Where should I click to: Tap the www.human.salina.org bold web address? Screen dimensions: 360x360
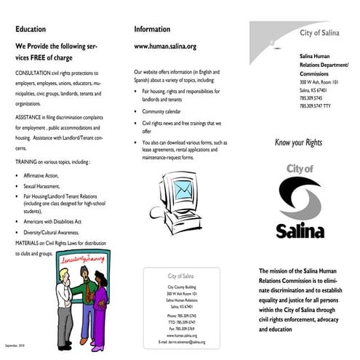[x=165, y=46]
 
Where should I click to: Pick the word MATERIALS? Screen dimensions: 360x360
[x=28, y=242]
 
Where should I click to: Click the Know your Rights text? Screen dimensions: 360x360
[x=298, y=143]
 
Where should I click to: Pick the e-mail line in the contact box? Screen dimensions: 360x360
[x=182, y=341]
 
